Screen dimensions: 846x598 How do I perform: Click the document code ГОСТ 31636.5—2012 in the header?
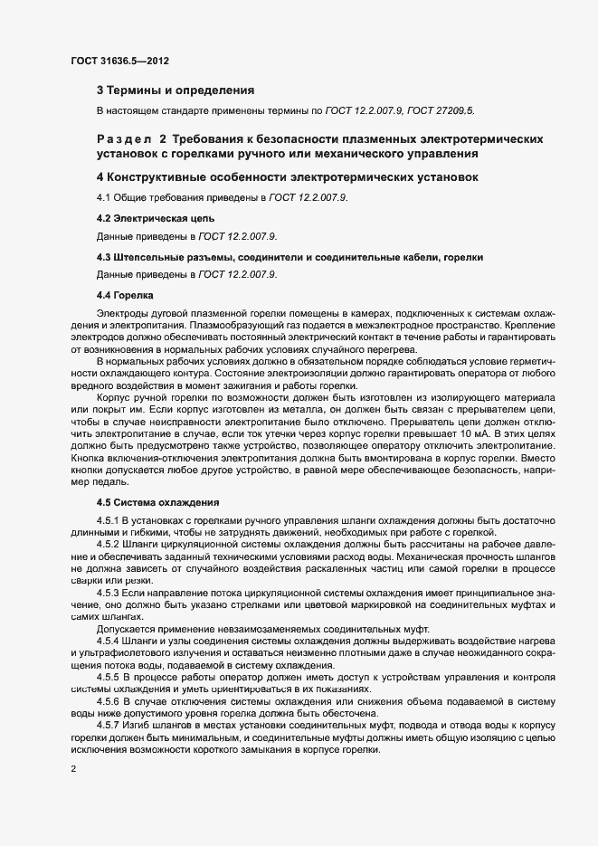[119, 62]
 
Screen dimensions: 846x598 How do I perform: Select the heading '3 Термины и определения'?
[175, 90]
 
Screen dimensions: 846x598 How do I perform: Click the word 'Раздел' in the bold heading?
[123, 139]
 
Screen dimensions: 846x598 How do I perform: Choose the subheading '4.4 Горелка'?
[125, 296]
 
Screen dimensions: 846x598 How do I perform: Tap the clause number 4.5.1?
[108, 522]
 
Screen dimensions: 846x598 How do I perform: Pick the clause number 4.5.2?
[108, 546]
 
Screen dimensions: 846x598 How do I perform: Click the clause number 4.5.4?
[108, 642]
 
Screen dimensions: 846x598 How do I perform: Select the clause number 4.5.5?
[108, 677]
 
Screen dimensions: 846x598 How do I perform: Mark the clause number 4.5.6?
[108, 701]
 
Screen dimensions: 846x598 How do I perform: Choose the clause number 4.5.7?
[108, 725]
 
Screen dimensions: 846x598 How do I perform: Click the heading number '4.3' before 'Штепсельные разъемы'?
[103, 257]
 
